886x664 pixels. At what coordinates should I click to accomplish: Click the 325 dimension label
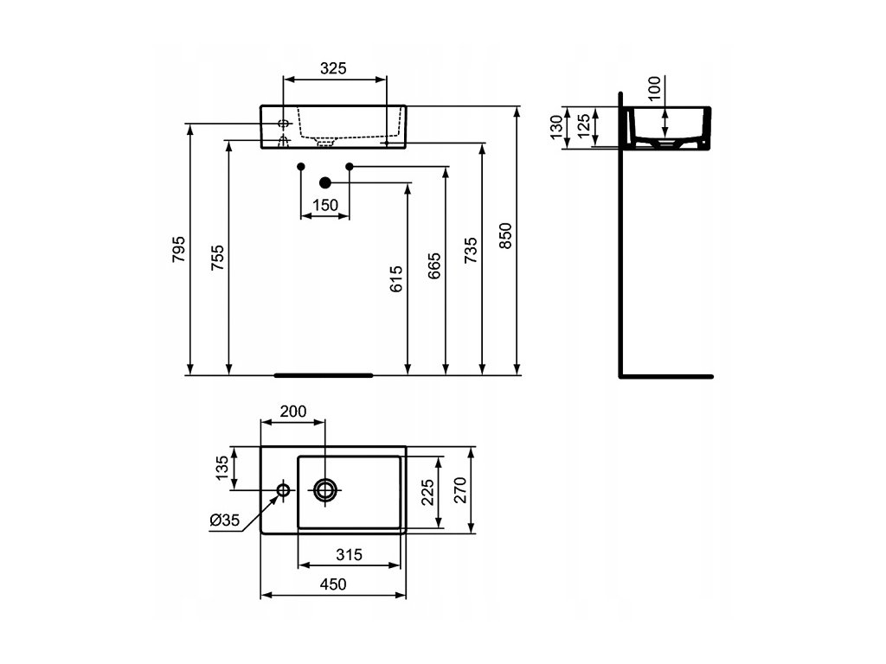[x=333, y=68]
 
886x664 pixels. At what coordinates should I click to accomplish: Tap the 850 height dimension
[x=505, y=235]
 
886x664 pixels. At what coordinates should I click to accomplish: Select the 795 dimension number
[x=178, y=249]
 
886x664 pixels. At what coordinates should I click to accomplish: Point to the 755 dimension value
[x=217, y=258]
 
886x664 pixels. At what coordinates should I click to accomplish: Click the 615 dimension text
[x=396, y=279]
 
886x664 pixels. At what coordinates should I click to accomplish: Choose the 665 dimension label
[x=434, y=266]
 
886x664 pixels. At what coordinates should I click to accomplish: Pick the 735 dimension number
[x=471, y=250]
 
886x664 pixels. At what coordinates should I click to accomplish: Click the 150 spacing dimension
[x=325, y=205]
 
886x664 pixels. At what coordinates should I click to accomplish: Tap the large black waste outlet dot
[x=325, y=182]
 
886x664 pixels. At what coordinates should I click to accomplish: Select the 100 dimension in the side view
[x=654, y=89]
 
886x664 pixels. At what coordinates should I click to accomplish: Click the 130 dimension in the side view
[x=556, y=126]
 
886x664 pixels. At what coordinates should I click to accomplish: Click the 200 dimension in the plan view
[x=293, y=411]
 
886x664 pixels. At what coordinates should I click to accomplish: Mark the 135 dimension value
[x=222, y=468]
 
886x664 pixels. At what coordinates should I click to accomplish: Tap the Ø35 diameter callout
[x=225, y=520]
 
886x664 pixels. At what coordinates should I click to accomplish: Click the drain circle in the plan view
[x=325, y=490]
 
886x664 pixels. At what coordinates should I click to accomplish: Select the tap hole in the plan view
[x=283, y=489]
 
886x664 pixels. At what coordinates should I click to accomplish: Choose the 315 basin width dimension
[x=349, y=554]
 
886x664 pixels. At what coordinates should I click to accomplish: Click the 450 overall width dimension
[x=333, y=584]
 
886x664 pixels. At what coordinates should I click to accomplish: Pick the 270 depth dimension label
[x=460, y=489]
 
